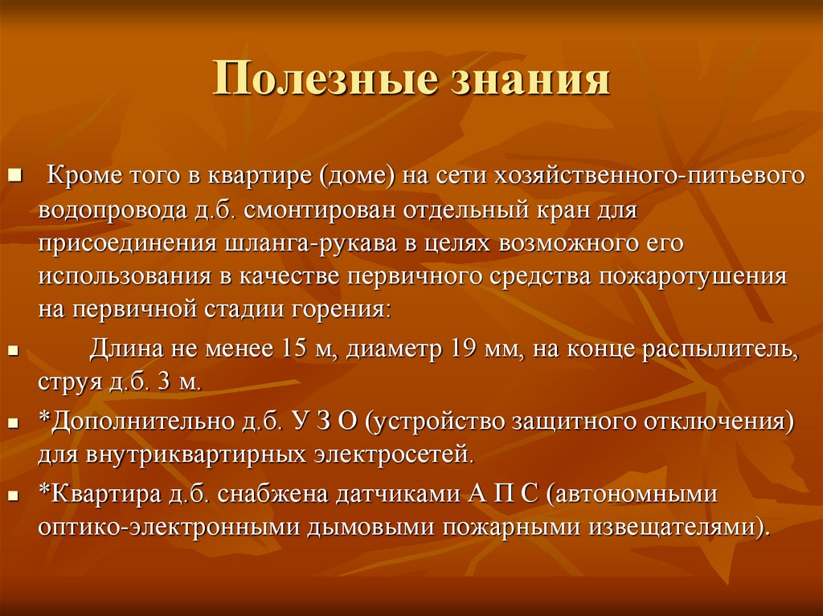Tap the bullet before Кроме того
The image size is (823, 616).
tap(17, 174)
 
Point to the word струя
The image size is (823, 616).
tap(67, 383)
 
